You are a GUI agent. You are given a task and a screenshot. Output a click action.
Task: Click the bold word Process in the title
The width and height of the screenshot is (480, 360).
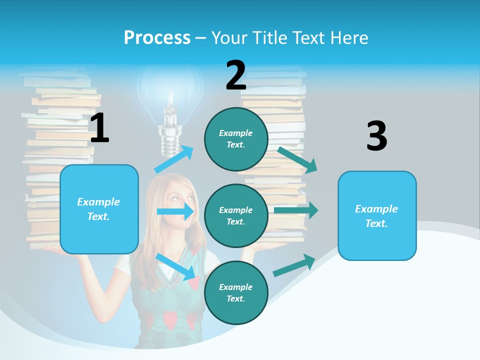tap(157, 37)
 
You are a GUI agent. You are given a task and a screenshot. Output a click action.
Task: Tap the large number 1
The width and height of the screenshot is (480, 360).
tap(99, 128)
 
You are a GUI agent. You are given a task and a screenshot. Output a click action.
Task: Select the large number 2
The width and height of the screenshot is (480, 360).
tap(236, 75)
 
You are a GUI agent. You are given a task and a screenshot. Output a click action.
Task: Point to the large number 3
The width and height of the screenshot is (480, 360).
tap(376, 136)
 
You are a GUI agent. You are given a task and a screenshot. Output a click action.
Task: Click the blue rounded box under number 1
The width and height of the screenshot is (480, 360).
tap(99, 209)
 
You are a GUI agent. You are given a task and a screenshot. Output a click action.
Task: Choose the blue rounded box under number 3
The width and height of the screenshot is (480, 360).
tap(377, 215)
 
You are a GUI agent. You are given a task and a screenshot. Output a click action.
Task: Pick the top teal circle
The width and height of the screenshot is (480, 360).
tap(236, 139)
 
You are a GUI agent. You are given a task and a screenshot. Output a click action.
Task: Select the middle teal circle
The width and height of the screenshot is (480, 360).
tap(236, 215)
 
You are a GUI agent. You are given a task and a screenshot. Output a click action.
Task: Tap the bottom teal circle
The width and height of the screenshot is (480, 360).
tap(236, 292)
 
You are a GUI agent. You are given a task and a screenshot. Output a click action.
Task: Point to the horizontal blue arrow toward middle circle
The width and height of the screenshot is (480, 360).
tap(175, 211)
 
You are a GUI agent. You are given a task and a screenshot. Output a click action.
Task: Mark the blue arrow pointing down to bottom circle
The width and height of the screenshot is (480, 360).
tap(176, 266)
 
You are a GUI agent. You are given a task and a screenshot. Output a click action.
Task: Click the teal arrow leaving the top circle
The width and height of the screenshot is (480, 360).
tap(297, 159)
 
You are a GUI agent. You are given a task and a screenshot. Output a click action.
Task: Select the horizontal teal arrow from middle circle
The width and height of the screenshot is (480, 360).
tap(296, 210)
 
